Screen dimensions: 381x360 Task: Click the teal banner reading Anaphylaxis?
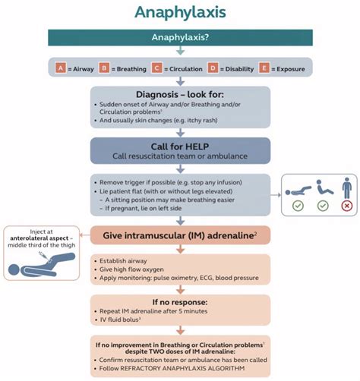coord(179,37)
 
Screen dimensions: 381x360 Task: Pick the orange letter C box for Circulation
coord(157,68)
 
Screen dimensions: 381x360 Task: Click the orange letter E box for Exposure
coord(265,68)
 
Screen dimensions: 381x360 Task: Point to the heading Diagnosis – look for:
coord(179,96)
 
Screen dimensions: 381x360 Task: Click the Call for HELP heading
coord(179,145)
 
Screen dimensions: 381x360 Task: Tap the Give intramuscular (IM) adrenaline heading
coord(179,236)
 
